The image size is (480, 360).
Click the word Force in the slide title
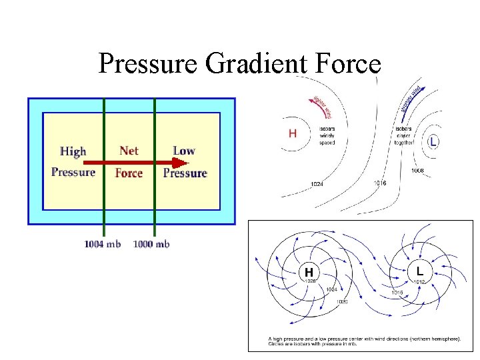pyautogui.click(x=349, y=63)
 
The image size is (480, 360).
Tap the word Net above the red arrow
pyautogui.click(x=129, y=151)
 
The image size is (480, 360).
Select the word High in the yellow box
pyautogui.click(x=73, y=151)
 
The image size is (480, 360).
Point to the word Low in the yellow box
pyautogui.click(x=184, y=151)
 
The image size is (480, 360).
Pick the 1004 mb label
pyautogui.click(x=102, y=244)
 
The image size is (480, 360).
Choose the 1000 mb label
pyautogui.click(x=151, y=244)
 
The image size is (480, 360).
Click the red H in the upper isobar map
pyautogui.click(x=293, y=133)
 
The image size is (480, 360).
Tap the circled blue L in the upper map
pyautogui.click(x=433, y=142)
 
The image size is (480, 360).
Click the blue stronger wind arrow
pyautogui.click(x=413, y=100)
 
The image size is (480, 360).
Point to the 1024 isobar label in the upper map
pyautogui.click(x=317, y=184)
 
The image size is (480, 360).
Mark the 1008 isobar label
pyautogui.click(x=417, y=171)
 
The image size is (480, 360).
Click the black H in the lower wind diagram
pyautogui.click(x=309, y=272)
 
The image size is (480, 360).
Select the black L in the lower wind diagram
pyautogui.click(x=419, y=271)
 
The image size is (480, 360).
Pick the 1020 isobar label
pyautogui.click(x=341, y=301)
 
